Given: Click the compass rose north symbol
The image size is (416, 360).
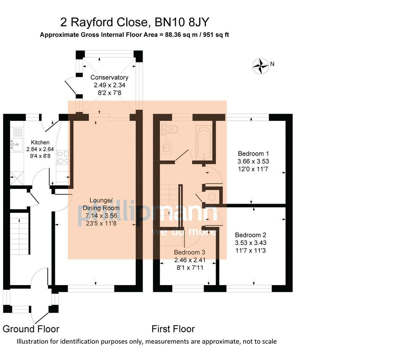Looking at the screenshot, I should click(x=261, y=66).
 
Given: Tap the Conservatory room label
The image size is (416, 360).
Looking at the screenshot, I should click(x=109, y=77).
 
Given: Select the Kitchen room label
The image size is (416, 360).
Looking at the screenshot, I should click(x=40, y=142).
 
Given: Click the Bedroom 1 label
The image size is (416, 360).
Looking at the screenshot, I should click(x=253, y=154).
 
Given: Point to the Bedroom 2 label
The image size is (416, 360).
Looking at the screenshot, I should click(x=250, y=235).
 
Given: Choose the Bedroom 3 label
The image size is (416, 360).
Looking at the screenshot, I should click(x=189, y=252).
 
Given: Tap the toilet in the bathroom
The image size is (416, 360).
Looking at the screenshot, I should click(x=171, y=129).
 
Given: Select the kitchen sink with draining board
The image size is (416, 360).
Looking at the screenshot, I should click(x=17, y=140).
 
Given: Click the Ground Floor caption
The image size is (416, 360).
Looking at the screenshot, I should click(x=31, y=329).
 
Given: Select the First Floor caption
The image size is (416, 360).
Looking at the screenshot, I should click(x=173, y=329).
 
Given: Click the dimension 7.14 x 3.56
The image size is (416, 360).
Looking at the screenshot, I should click(x=101, y=216).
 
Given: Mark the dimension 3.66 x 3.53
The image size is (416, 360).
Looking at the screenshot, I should click(x=253, y=161).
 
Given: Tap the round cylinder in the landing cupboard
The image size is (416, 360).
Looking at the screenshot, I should click(x=212, y=197).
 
